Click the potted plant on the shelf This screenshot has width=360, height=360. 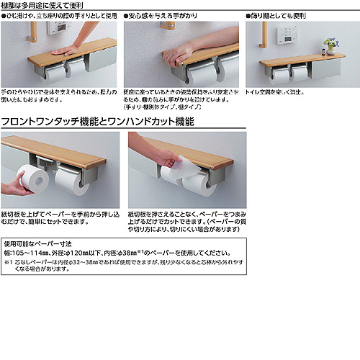tap(330, 44)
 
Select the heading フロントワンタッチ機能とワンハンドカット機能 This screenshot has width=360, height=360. tap(98, 122)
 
